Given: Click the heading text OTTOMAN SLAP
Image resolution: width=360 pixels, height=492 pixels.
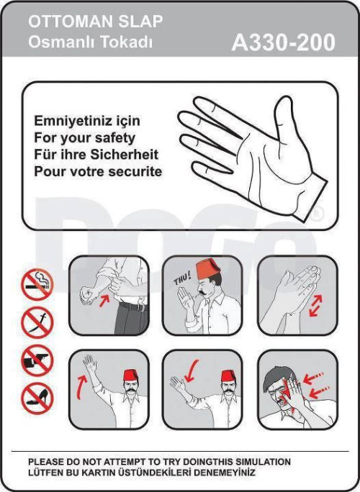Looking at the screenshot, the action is coord(96,22).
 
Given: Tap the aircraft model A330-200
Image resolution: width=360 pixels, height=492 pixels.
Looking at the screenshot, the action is coord(284,42).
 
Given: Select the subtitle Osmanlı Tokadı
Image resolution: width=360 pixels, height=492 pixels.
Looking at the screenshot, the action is coord(91,42).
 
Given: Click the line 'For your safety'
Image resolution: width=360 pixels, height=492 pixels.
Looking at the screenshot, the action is coord(85,138).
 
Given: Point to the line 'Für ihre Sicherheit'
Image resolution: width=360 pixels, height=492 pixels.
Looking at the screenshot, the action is coord(96,155).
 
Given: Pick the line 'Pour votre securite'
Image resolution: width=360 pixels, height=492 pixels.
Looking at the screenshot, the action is coord(98,171).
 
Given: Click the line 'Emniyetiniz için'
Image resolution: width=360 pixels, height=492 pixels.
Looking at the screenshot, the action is coord(87,121).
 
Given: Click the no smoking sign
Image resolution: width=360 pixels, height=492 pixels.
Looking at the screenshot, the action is coord(37,285).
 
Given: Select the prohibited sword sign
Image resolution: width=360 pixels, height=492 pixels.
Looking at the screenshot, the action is coord(37,322).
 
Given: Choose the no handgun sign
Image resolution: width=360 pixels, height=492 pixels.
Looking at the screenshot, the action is coord(37,360).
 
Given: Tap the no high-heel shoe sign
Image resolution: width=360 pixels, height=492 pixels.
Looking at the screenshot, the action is coord(37,398).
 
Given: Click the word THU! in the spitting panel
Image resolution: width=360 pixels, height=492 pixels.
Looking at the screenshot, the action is coord(182,279).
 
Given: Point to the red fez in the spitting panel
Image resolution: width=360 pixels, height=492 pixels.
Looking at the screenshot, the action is coord(209,268).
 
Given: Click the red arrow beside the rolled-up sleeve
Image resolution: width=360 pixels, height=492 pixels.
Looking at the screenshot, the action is coord(104,301).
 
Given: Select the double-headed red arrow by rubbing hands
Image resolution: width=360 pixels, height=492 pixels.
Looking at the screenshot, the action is coord(315,306).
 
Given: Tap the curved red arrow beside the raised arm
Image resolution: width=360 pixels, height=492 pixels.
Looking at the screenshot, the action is coord(81,387).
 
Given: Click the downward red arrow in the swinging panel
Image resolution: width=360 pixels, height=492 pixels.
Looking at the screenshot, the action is coord(192,371).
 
